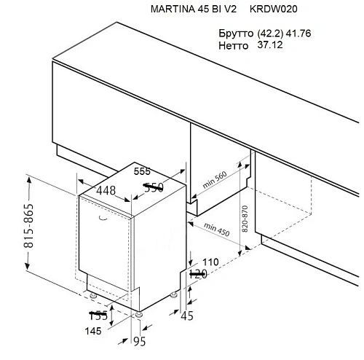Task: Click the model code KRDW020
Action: [274, 9]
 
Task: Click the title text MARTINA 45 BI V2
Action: [194, 9]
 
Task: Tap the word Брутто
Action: [236, 34]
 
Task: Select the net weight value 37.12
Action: [270, 45]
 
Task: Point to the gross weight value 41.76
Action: [298, 34]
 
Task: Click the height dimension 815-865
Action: [28, 226]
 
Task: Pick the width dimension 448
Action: [106, 191]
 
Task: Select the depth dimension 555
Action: [142, 171]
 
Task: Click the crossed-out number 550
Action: [154, 187]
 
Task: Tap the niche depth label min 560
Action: [215, 180]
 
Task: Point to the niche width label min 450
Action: [216, 230]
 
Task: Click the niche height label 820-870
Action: [245, 219]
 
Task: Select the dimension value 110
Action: [210, 262]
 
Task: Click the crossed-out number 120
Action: [198, 274]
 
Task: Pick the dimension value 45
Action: [187, 316]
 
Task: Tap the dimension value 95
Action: [140, 341]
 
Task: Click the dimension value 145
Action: [93, 331]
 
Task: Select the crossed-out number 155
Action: [98, 316]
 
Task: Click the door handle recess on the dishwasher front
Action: [103, 218]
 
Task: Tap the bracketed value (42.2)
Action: [270, 34]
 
